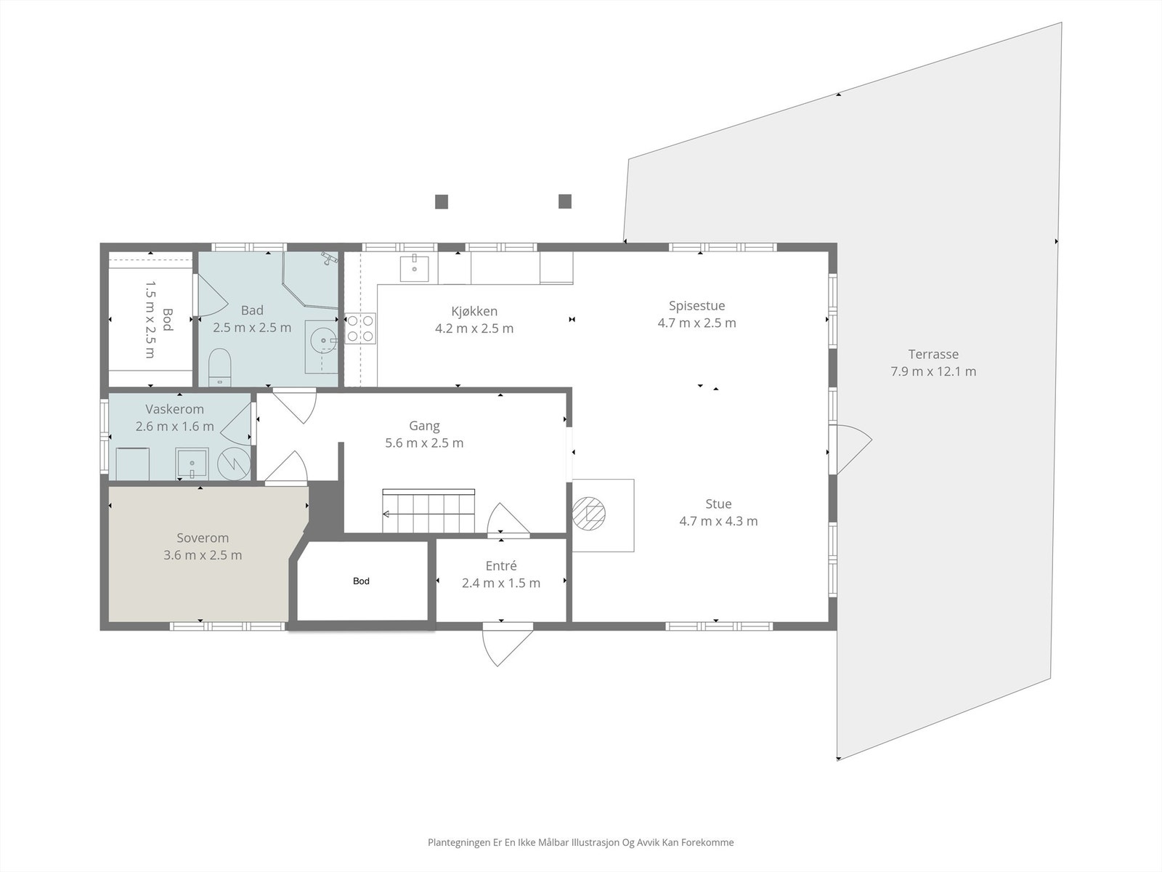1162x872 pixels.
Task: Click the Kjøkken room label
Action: point(474,311)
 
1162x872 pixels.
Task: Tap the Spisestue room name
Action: point(696,305)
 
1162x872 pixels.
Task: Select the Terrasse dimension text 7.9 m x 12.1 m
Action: point(933,371)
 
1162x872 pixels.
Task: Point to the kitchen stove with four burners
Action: point(360,328)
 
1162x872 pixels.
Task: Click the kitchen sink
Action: point(415,268)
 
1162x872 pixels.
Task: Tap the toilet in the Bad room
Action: point(220,366)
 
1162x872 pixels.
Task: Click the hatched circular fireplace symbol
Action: point(589,513)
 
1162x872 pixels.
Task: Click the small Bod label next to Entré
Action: point(361,581)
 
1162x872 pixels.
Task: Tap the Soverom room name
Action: point(203,538)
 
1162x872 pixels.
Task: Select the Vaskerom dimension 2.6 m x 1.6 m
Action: point(175,427)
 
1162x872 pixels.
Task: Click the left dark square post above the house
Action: point(442,202)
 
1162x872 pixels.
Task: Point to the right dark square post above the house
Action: point(565,201)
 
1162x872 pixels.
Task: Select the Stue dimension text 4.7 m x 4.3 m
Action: point(718,521)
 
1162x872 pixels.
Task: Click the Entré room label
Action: point(501,566)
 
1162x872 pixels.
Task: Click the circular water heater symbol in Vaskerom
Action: point(234,464)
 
